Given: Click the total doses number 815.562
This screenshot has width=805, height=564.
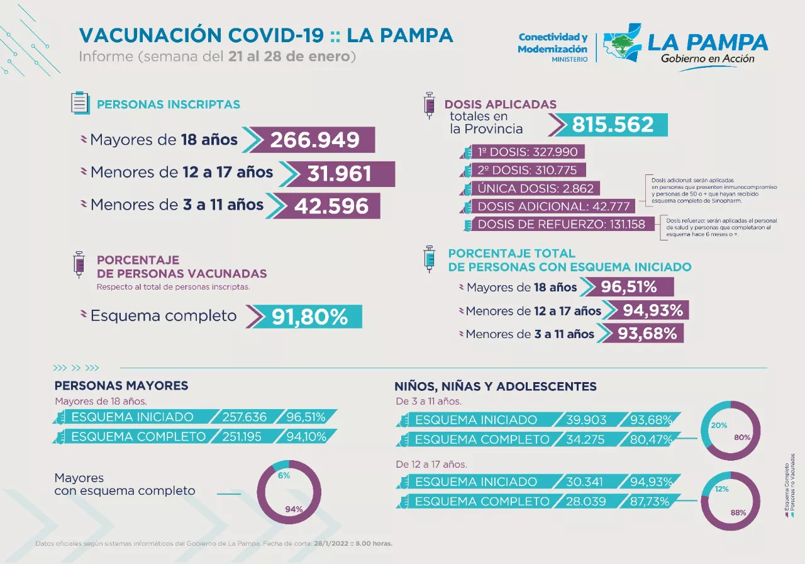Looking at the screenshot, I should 613,125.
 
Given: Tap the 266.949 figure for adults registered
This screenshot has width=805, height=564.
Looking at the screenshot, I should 314,140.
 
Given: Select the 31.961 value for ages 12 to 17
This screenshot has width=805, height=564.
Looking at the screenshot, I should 340,174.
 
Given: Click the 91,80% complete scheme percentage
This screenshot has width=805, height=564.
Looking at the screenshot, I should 309,317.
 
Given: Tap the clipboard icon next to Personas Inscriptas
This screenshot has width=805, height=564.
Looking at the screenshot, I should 79,103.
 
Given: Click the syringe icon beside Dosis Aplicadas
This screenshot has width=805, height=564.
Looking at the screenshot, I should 430,104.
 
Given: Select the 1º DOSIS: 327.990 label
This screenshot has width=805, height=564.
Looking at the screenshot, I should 528,152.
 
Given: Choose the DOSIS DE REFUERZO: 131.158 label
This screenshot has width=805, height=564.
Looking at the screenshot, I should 561,224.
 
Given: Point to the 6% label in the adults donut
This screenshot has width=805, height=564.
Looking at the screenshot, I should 284,475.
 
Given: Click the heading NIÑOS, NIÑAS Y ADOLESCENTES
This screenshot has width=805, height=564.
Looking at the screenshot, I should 495,386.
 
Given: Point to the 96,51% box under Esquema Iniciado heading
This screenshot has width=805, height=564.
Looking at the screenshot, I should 629,287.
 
